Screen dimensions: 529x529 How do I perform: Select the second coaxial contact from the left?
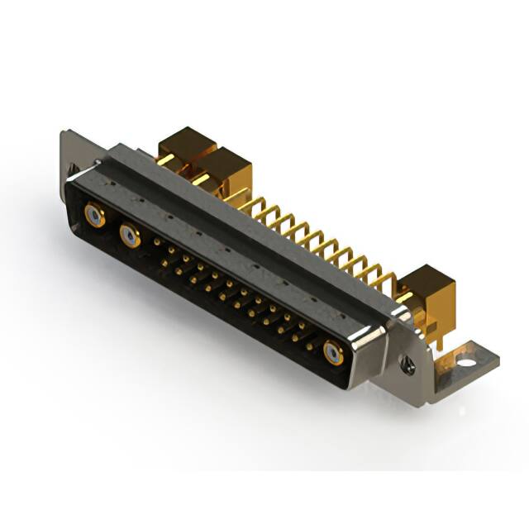(130, 238)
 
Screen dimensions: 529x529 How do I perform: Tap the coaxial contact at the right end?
(333, 354)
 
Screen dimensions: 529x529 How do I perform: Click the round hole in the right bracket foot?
(465, 361)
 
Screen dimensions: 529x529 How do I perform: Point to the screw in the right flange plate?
(406, 361)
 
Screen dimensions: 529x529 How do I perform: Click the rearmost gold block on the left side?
(186, 145)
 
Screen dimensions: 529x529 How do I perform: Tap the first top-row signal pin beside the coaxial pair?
(157, 241)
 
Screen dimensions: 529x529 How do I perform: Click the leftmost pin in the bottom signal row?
(164, 263)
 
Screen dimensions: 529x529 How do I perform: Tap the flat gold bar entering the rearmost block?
(165, 159)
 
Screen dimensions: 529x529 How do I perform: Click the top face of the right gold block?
(430, 277)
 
